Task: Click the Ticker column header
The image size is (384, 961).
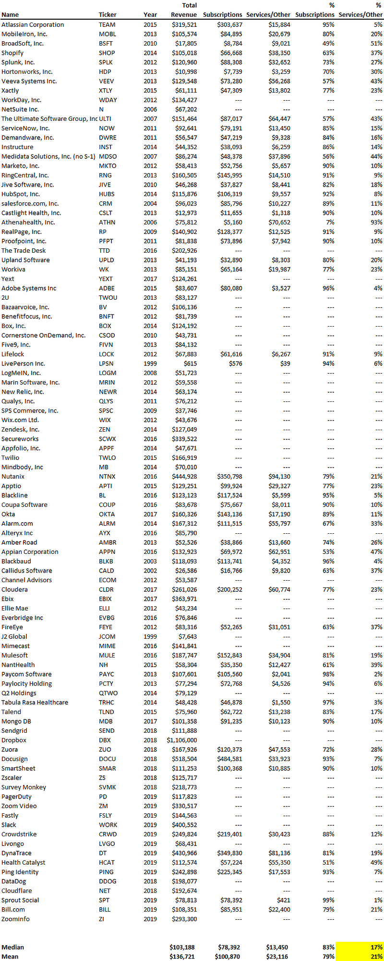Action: pyautogui.click(x=108, y=15)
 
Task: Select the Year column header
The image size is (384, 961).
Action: pyautogui.click(x=150, y=15)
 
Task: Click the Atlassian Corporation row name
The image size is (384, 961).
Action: pyautogui.click(x=33, y=24)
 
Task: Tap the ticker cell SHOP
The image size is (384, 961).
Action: pyautogui.click(x=107, y=53)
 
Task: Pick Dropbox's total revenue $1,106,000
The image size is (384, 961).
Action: pyautogui.click(x=182, y=740)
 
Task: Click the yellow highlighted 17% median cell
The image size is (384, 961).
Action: pyautogui.click(x=360, y=947)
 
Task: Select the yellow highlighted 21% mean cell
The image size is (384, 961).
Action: pyautogui.click(x=360, y=956)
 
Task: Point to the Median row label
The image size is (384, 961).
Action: pyautogui.click(x=12, y=947)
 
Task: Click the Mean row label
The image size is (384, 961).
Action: pyautogui.click(x=10, y=956)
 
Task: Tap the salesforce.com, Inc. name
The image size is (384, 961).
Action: pyautogui.click(x=30, y=203)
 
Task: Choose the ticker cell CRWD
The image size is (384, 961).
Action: pyautogui.click(x=108, y=834)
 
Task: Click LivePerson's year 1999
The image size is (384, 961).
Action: pyautogui.click(x=150, y=363)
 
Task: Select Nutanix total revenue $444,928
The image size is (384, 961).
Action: pyautogui.click(x=184, y=476)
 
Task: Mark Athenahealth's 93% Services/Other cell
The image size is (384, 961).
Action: pyautogui.click(x=376, y=222)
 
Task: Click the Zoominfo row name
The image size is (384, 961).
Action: pyautogui.click(x=15, y=919)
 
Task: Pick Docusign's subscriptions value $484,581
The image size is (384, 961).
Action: pyautogui.click(x=229, y=759)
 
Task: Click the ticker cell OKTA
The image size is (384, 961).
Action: pyautogui.click(x=107, y=514)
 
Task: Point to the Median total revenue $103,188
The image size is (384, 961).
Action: pyautogui.click(x=183, y=947)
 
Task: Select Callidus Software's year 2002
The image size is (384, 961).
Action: pyautogui.click(x=150, y=571)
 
